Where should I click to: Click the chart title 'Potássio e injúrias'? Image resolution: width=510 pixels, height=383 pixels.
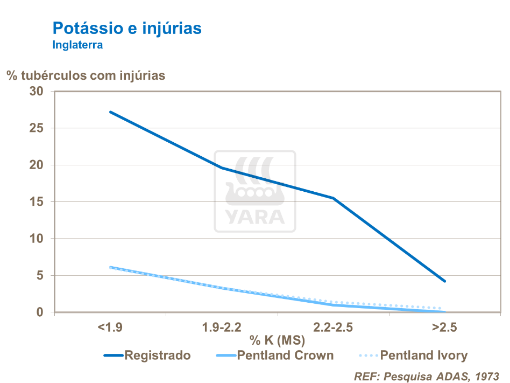tap(127, 28)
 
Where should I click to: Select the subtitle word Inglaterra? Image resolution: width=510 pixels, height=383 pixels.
tap(77, 45)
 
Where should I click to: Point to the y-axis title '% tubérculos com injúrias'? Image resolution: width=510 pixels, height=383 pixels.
tap(86, 75)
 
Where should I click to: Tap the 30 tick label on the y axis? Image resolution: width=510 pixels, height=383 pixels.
tap(37, 92)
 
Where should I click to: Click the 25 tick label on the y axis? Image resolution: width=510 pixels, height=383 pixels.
tap(37, 128)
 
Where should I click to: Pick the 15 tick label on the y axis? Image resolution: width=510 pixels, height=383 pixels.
tap(37, 202)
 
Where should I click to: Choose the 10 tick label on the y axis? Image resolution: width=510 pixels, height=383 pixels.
tap(37, 239)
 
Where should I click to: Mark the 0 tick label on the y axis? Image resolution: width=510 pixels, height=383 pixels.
tap(40, 312)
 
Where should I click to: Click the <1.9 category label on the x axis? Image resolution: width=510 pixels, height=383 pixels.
tap(110, 328)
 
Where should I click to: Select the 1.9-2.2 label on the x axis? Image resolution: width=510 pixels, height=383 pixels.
tap(222, 328)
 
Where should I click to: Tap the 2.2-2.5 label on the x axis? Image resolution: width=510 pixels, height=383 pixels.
tap(334, 328)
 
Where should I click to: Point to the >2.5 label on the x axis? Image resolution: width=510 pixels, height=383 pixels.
tap(444, 328)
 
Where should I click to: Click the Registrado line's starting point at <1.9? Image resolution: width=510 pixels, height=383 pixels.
tap(110, 112)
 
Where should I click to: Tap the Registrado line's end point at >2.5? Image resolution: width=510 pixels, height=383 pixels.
tap(445, 281)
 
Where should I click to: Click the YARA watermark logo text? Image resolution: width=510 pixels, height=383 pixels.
tap(255, 217)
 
